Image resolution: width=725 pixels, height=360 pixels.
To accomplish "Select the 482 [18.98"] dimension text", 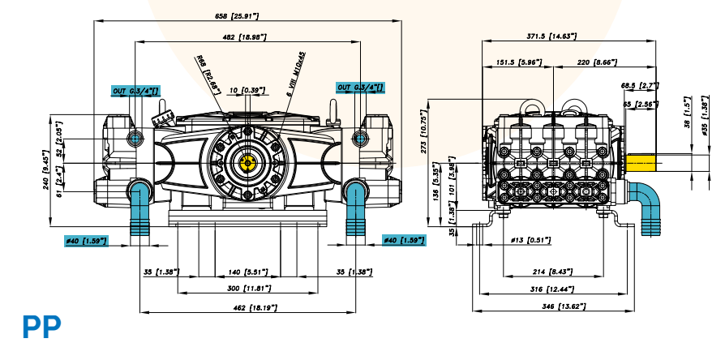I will pyautogui.click(x=244, y=37).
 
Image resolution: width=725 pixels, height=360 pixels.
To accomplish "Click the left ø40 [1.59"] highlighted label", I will pyautogui.click(x=86, y=240).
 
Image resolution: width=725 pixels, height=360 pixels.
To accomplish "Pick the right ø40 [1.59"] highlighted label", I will pyautogui.click(x=404, y=240).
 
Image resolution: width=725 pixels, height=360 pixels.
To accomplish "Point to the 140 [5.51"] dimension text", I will pyautogui.click(x=246, y=271).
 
